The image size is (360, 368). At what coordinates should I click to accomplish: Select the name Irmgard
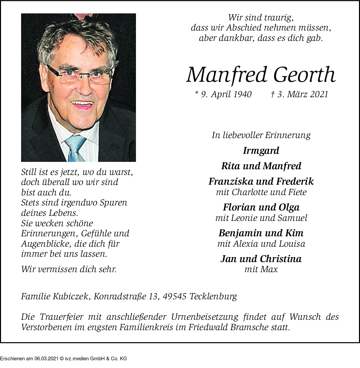pos(261,151)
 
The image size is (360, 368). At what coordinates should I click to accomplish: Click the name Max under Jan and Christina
pos(270,269)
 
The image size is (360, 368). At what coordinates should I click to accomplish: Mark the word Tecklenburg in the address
pos(213,296)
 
